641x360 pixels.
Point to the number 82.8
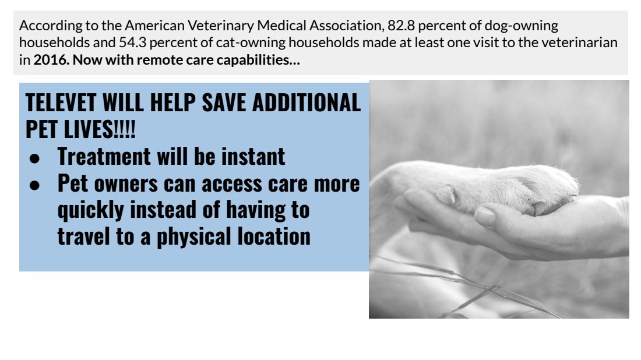tap(401, 25)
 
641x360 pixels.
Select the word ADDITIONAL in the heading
tap(307, 103)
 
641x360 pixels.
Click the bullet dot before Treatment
tap(35, 158)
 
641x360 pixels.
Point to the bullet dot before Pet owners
tap(35, 185)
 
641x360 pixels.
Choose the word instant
tap(253, 157)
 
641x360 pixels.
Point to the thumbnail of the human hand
tap(485, 216)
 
